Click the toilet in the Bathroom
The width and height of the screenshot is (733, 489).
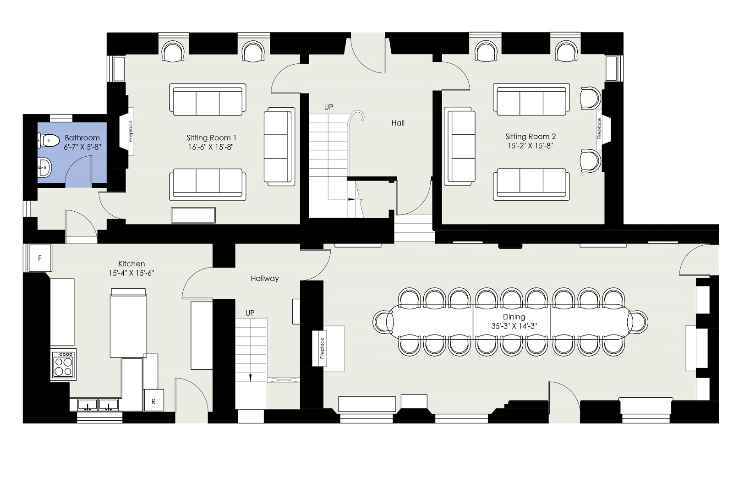48,140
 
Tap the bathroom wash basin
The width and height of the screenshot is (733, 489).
44,167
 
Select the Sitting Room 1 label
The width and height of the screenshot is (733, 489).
211,137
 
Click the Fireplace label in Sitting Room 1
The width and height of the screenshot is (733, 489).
131,131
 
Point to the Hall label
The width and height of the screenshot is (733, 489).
398,123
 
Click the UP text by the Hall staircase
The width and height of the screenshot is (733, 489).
328,107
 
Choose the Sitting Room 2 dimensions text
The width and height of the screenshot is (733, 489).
530,146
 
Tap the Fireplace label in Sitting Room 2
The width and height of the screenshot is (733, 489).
600,128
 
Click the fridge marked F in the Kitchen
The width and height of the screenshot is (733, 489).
40,258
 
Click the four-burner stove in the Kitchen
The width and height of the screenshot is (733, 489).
64,364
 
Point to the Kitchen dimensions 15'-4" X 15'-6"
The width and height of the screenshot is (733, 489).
131,273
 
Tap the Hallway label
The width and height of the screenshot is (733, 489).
265,279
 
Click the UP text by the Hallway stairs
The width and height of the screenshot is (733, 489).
250,313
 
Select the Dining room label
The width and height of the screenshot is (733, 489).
514,317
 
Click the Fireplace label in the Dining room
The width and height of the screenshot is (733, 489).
322,348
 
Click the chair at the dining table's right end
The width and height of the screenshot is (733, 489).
638,322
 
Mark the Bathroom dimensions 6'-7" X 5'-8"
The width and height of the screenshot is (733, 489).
82,147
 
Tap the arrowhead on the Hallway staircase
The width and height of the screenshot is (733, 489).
250,378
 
